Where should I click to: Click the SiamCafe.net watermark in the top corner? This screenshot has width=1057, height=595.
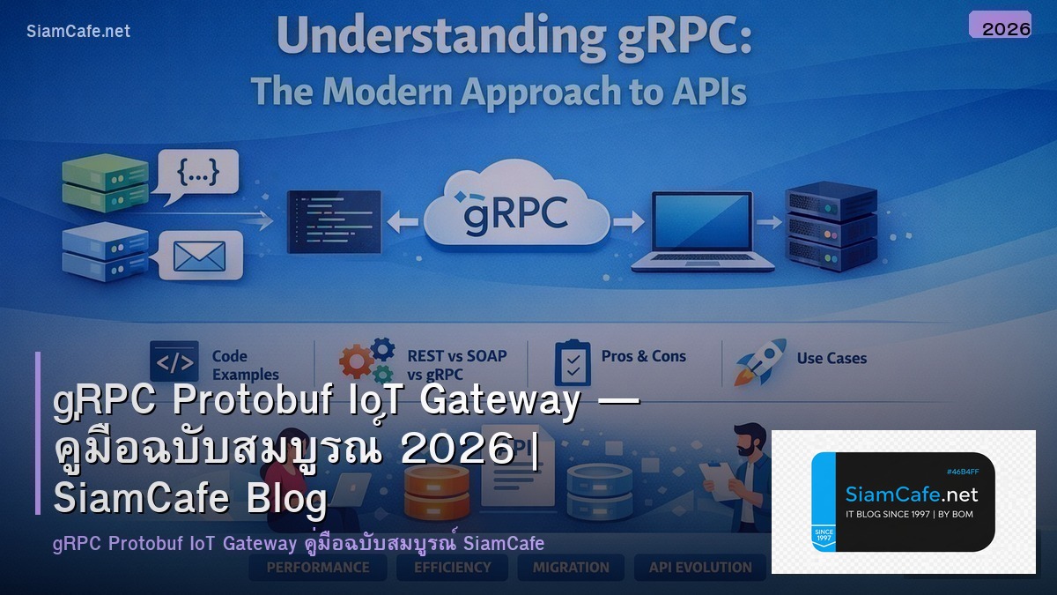[78, 32]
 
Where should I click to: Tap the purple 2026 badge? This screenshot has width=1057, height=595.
[1000, 26]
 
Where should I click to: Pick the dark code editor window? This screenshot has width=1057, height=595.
[334, 220]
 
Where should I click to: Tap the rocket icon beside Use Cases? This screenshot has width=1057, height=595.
[759, 361]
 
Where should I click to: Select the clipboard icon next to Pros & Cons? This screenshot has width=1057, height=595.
[573, 362]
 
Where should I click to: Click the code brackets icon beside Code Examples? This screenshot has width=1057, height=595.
[174, 361]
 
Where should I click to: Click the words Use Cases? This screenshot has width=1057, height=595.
[832, 359]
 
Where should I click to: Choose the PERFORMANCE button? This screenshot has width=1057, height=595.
[318, 568]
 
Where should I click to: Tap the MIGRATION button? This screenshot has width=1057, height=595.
[571, 568]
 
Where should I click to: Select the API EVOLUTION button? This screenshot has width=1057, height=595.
[700, 568]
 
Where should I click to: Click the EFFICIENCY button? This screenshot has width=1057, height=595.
[453, 568]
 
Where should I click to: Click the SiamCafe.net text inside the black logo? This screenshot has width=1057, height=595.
[911, 494]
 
